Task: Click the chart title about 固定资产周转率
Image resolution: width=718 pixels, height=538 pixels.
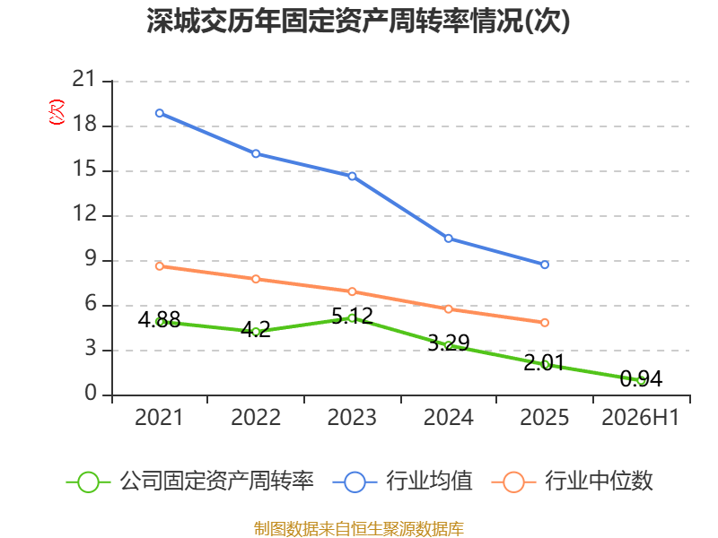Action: [358, 21]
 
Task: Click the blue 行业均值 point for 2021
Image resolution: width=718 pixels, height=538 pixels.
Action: [160, 113]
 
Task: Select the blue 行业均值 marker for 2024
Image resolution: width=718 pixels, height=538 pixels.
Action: [448, 239]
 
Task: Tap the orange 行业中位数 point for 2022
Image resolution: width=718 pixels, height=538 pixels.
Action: [256, 279]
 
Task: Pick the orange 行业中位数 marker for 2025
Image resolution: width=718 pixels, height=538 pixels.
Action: [545, 323]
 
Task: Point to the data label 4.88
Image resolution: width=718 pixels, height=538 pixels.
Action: [160, 319]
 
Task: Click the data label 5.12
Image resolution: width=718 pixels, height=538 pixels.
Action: [352, 317]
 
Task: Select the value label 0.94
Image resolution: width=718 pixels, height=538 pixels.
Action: [641, 378]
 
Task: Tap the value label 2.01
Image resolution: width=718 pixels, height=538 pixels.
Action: [545, 363]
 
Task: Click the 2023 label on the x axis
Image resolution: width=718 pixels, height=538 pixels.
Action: [352, 417]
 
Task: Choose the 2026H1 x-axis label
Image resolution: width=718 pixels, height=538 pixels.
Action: [640, 417]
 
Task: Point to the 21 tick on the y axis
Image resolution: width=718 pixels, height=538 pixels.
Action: [84, 79]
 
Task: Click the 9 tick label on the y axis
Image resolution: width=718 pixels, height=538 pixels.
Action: [91, 259]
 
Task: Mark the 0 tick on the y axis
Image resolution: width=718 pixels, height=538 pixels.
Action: [91, 393]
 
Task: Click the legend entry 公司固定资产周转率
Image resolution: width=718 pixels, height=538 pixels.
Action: [190, 482]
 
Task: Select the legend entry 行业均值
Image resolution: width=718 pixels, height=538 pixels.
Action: [402, 482]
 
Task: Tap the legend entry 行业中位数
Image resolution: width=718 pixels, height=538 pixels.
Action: [572, 482]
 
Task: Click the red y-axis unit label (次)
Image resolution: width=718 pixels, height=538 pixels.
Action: [57, 112]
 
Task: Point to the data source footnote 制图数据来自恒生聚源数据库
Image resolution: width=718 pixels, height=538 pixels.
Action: [358, 529]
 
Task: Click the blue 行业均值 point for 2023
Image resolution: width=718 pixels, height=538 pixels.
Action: [352, 176]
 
